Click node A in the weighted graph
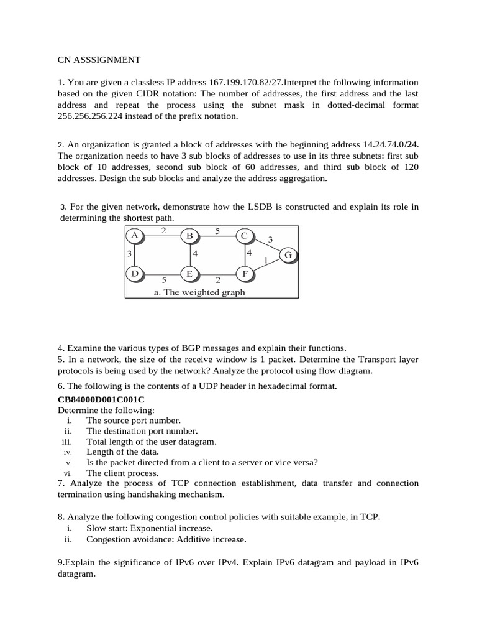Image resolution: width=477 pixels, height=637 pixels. click(x=134, y=235)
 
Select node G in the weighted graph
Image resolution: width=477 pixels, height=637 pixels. click(x=288, y=255)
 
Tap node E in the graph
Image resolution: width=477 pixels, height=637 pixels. click(x=189, y=274)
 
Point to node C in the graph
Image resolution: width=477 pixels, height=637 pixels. click(x=244, y=235)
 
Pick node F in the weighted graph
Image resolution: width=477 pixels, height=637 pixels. click(x=245, y=274)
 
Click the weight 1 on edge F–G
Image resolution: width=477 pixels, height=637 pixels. click(x=266, y=259)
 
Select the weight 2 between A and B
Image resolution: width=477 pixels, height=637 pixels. click(x=162, y=231)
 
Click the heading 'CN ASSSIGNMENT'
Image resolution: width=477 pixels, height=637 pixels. click(x=99, y=60)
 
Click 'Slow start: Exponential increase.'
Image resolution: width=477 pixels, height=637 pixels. click(x=149, y=528)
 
